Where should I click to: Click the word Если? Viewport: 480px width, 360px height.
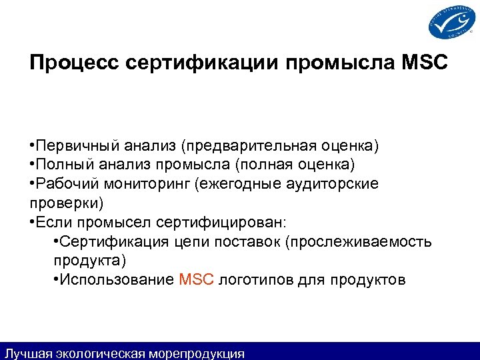(x=53, y=221)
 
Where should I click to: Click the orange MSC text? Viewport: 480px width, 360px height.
(x=196, y=279)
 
